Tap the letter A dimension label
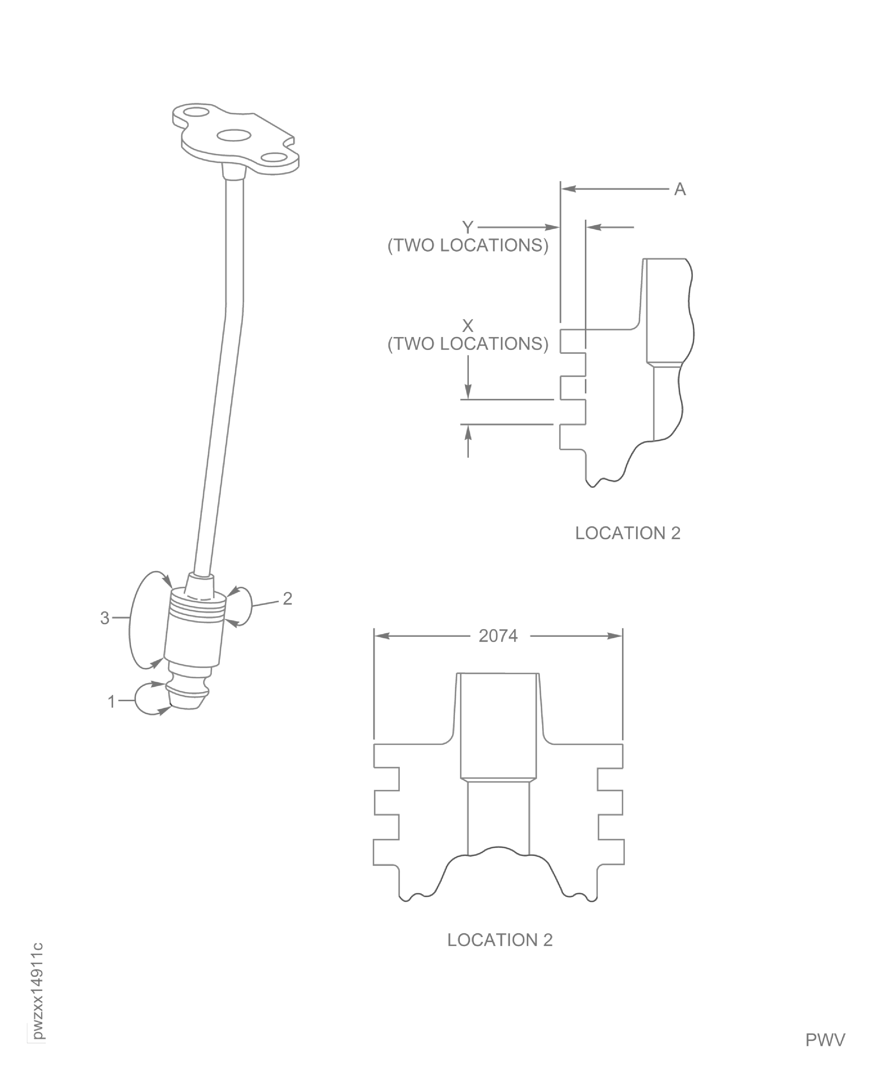[680, 190]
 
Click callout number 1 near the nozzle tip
[112, 702]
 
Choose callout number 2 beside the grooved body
[287, 598]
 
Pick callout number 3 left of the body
[104, 618]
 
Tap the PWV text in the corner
[825, 1040]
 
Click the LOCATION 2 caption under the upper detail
[627, 533]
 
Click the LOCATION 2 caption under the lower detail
[500, 940]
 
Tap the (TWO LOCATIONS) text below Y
[468, 246]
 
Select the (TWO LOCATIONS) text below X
[468, 344]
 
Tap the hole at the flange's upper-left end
[197, 111]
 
